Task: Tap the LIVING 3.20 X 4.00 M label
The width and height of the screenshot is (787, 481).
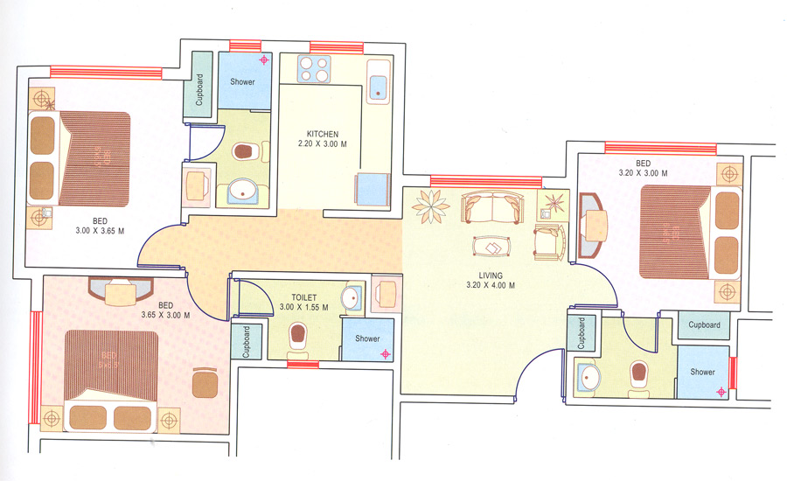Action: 490,280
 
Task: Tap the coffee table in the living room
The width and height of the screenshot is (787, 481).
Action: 492,247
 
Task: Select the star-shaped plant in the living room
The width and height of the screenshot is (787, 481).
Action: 431,207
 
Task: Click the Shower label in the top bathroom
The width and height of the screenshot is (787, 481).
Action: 243,82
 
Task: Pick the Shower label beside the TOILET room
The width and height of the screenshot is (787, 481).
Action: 367,338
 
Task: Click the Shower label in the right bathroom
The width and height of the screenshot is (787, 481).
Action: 703,372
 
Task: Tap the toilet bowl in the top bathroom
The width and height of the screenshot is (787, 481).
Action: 247,151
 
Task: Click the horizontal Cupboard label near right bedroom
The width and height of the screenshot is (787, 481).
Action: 704,325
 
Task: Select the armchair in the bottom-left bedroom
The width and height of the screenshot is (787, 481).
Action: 205,382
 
